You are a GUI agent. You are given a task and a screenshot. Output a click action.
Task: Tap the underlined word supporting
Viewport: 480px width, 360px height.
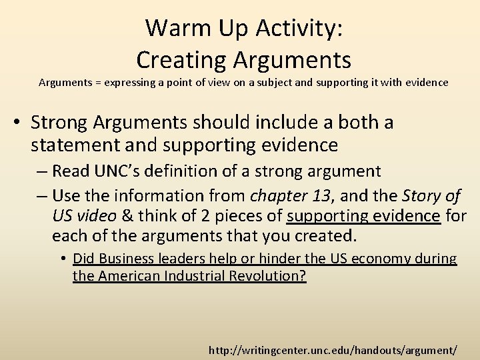click(325, 216)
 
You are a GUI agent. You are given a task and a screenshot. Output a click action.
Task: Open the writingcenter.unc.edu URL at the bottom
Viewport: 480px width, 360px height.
click(333, 349)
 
